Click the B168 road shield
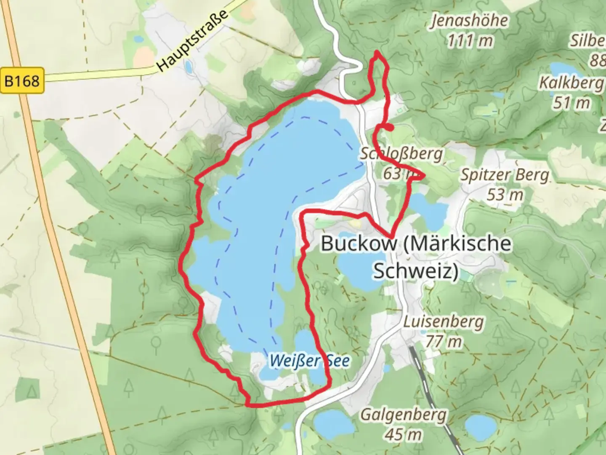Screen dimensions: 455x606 22,80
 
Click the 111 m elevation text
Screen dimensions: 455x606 470,41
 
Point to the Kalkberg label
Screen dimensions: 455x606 571,83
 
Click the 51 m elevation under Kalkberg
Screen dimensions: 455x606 571,102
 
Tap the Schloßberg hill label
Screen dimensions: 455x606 401,154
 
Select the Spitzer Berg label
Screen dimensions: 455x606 505,175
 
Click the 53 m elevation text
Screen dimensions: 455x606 505,194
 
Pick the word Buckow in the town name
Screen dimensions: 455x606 359,244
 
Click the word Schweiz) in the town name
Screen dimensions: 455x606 416,271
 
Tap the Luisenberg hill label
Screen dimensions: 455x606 444,322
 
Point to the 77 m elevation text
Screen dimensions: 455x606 444,341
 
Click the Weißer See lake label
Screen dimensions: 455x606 309,361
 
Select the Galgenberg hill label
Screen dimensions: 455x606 403,415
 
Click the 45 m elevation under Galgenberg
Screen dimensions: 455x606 403,434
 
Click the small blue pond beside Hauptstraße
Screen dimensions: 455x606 188,66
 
